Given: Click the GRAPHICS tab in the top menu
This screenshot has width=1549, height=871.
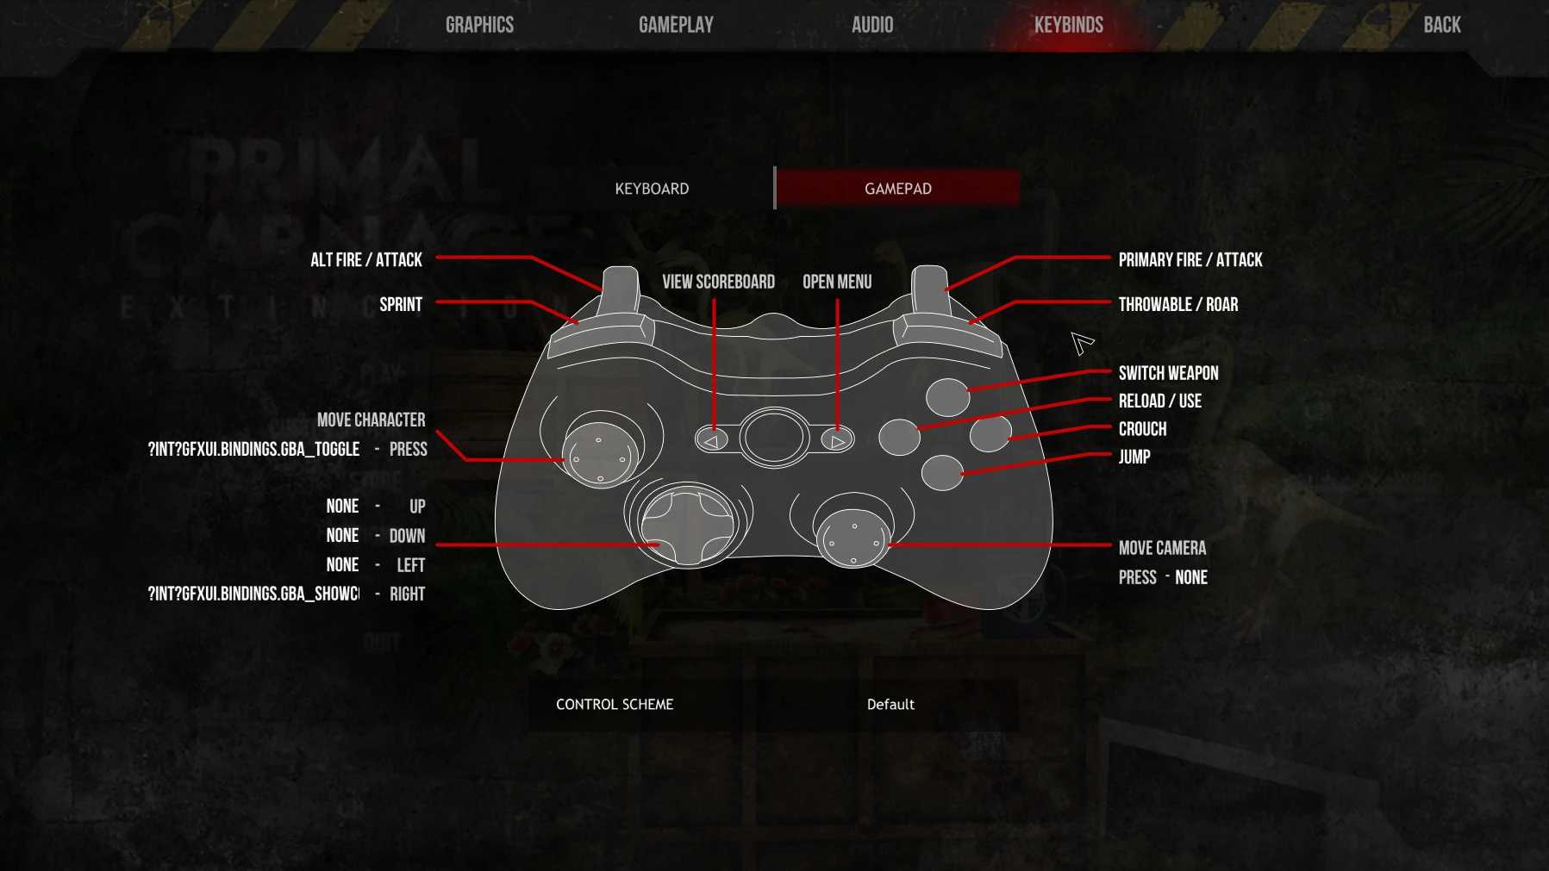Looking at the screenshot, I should [479, 25].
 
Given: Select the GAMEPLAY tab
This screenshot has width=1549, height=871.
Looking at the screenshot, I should [676, 25].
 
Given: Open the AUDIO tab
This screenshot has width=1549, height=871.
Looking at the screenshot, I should [871, 25].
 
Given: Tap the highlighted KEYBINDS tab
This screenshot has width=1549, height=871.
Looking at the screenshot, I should [1068, 25].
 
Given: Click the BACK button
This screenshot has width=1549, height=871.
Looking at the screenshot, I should [1441, 25].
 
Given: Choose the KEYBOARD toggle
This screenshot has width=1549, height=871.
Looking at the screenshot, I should [652, 189].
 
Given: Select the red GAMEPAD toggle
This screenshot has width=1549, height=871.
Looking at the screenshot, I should [897, 189].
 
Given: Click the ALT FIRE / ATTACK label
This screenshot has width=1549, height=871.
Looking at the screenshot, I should [366, 260].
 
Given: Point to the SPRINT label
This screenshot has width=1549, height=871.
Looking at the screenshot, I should [401, 305].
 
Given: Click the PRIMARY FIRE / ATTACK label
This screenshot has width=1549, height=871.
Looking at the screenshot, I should [1190, 260].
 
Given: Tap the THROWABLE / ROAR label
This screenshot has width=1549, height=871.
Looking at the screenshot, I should [1177, 305].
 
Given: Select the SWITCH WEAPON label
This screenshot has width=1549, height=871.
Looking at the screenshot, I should [1168, 373].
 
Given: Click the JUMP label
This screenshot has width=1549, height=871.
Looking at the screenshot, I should [1134, 457].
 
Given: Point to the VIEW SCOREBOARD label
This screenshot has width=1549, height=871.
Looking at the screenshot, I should [718, 282].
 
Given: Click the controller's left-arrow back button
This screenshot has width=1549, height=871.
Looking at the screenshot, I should [712, 440].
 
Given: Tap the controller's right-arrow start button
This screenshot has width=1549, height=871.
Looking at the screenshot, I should [836, 440].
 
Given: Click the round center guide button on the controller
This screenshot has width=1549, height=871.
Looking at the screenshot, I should [773, 437].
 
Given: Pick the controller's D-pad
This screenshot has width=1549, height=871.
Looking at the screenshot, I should [687, 526].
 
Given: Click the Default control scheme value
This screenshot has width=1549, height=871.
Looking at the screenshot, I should [890, 705].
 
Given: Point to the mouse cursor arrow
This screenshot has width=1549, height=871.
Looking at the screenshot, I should [1080, 342].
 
